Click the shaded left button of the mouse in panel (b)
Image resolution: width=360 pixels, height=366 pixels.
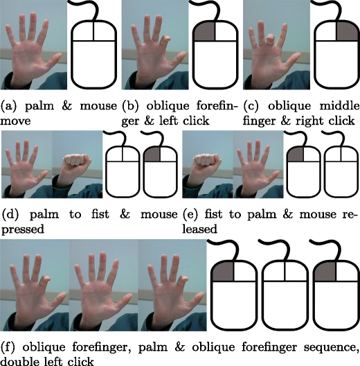(x=204, y=32)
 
